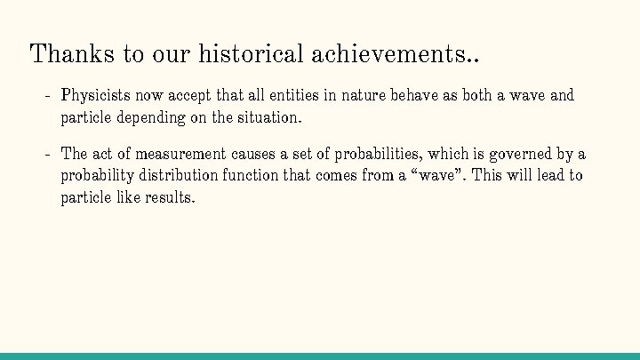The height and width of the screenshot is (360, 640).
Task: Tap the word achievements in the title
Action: (x=388, y=53)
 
